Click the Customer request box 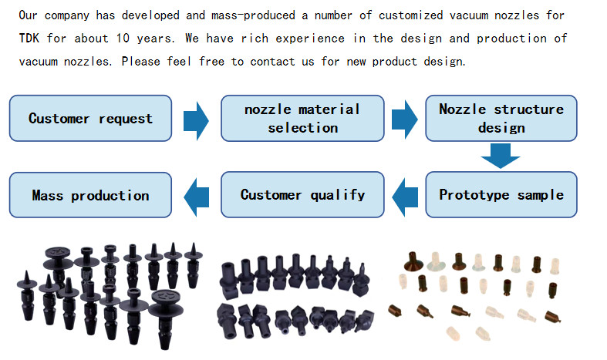point(90,118)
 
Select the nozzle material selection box point(302,118)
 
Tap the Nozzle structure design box point(501,118)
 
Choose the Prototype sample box point(501,195)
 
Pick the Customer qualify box point(302,195)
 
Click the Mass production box point(90,195)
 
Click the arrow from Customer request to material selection point(196,119)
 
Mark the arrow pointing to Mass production point(196,195)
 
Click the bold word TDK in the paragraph point(31,38)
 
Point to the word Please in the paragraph point(143,61)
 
